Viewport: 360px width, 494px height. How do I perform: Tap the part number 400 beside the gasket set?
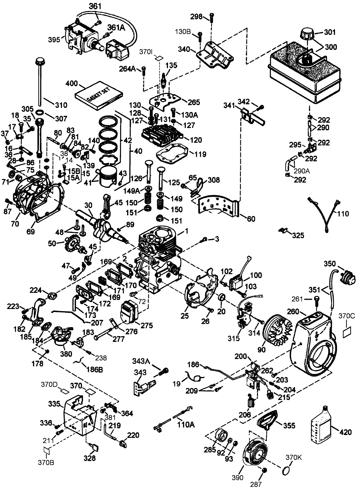[x=71, y=84]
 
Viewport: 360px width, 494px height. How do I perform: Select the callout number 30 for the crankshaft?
[x=89, y=205]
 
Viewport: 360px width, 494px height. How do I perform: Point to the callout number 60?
[x=251, y=219]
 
